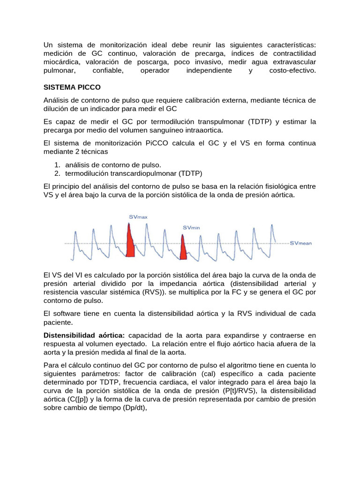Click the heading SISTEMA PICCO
pyautogui.click(x=72, y=87)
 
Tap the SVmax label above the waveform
pyautogui.click(x=138, y=217)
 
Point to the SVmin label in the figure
pyautogui.click(x=191, y=227)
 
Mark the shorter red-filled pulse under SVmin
pyautogui.click(x=183, y=247)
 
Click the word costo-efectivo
pyautogui.click(x=293, y=70)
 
